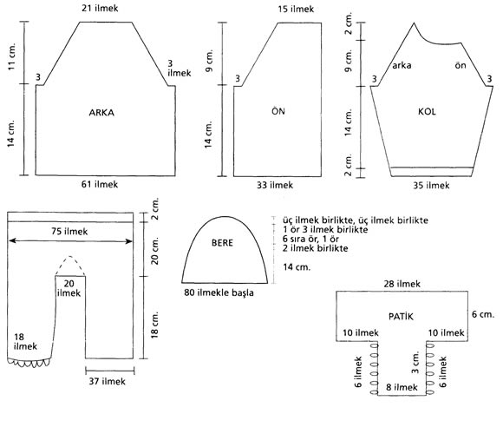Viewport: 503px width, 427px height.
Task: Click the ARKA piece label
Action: [x=101, y=113]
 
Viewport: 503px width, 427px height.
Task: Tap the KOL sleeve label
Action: [x=427, y=112]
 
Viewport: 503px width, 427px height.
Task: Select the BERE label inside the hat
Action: [x=222, y=243]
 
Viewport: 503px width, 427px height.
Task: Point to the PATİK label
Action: [x=401, y=316]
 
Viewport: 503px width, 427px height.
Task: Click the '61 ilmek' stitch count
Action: [x=100, y=184]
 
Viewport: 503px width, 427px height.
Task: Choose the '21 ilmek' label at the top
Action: [x=100, y=8]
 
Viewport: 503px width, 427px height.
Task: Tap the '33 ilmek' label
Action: [x=275, y=185]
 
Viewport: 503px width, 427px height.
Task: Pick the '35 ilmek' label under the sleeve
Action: [x=431, y=185]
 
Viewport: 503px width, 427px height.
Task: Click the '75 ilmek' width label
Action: [x=69, y=231]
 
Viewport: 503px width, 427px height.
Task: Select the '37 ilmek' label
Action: [x=108, y=381]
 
